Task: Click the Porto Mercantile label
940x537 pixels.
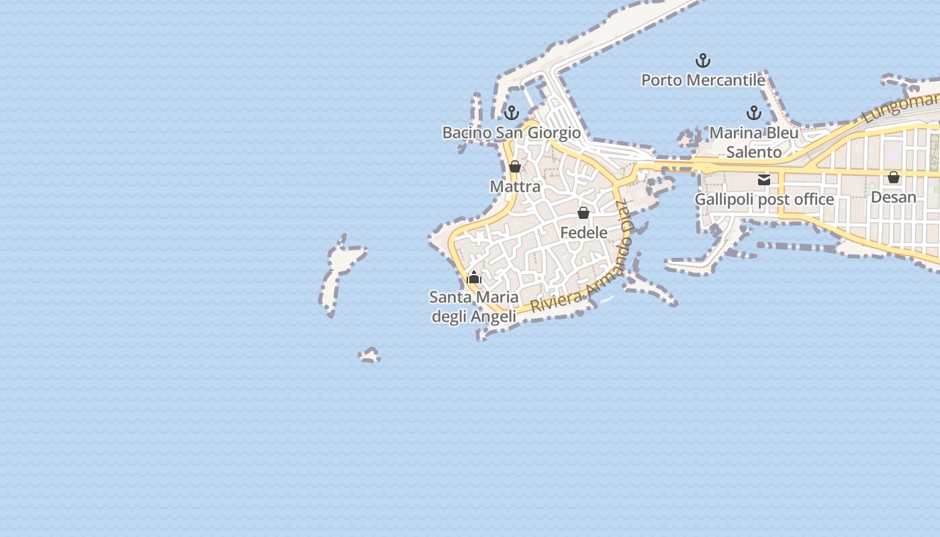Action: tap(703, 81)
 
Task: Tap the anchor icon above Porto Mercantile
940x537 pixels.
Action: tap(703, 61)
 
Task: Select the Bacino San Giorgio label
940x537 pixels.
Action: tap(511, 133)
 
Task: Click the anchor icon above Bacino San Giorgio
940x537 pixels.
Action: tap(512, 113)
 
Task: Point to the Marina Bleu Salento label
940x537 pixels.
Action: tap(754, 142)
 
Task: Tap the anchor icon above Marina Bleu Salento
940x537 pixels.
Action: tap(754, 113)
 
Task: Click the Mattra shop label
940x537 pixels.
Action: tap(515, 187)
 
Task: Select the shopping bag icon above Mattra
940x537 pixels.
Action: tap(515, 166)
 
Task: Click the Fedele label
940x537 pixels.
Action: tap(583, 233)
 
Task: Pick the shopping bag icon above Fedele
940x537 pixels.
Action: tap(583, 213)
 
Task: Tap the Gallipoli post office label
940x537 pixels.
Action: tap(764, 199)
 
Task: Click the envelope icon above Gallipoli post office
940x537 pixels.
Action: tap(764, 179)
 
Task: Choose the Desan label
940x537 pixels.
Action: tap(894, 197)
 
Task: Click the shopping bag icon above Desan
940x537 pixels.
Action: tap(894, 177)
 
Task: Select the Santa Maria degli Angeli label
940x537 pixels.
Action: tap(474, 307)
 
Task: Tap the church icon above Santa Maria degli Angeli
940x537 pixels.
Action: tap(474, 277)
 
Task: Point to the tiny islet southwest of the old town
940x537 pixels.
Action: tap(369, 355)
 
